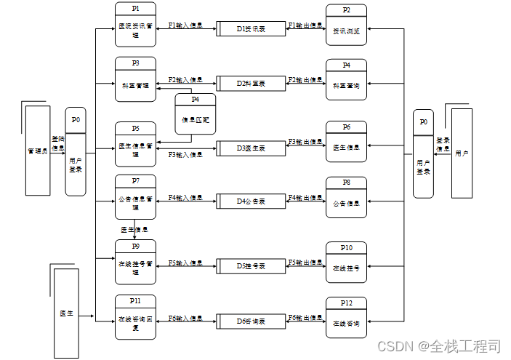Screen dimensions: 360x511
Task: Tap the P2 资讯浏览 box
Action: click(346, 27)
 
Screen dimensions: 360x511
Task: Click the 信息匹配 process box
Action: click(195, 114)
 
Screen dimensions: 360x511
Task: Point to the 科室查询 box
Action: click(346, 81)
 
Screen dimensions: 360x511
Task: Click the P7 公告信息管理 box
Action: click(135, 197)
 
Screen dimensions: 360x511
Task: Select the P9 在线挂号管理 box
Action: click(135, 263)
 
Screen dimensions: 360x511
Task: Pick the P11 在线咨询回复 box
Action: click(135, 318)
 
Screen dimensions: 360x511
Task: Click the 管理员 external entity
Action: click(36, 151)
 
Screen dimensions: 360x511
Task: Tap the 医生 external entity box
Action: click(65, 313)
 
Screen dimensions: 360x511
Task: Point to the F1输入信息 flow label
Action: click(185, 25)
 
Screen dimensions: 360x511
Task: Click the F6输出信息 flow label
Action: click(305, 318)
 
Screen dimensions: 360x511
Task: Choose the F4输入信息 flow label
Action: click(185, 197)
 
